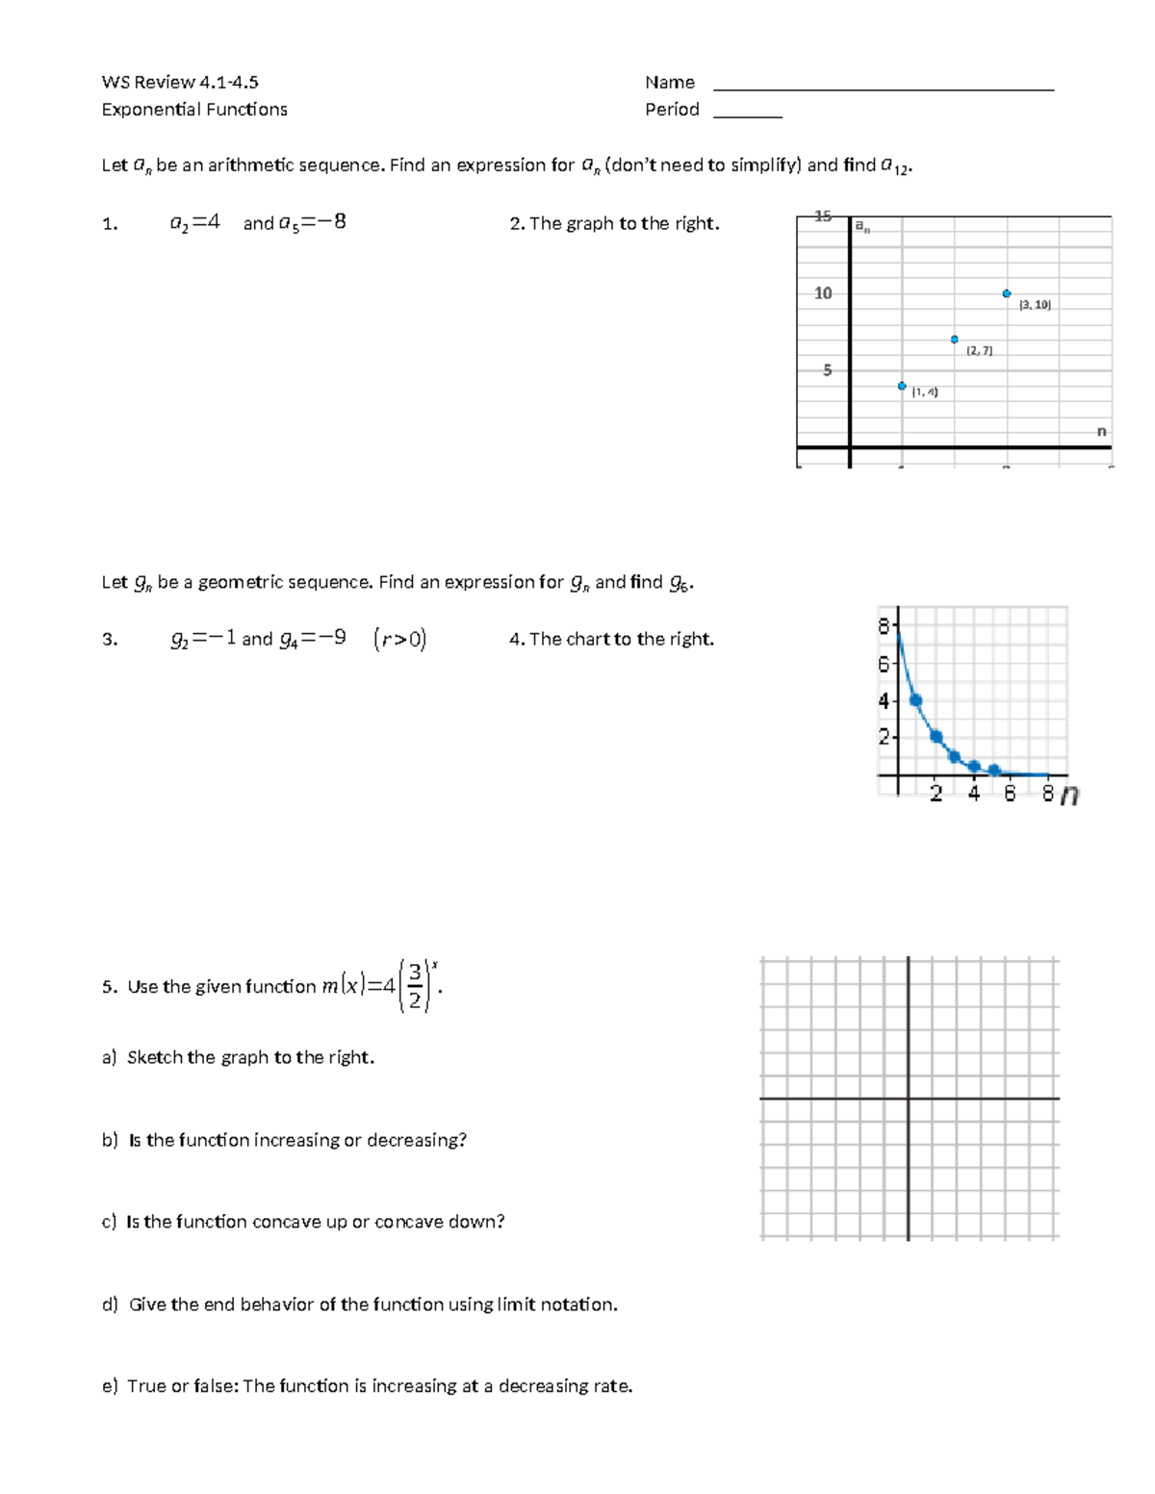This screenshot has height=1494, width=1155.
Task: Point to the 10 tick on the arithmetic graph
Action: point(823,293)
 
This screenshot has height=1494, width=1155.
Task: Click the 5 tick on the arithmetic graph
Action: point(827,370)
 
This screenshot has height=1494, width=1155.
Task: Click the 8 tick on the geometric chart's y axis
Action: point(884,627)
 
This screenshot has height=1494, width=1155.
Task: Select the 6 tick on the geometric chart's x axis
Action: point(1010,794)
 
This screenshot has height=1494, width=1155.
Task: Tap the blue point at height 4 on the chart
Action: point(915,701)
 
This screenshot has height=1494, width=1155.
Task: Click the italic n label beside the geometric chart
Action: point(1069,795)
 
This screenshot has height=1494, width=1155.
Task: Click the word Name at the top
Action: point(670,83)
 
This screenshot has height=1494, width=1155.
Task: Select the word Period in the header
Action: point(672,110)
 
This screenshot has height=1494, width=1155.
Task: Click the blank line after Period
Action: point(748,115)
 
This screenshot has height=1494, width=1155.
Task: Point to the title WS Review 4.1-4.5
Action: point(180,83)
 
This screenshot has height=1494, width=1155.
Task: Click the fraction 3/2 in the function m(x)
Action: point(415,986)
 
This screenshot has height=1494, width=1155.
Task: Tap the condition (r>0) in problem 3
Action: point(399,639)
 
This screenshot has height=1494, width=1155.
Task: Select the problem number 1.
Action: point(109,224)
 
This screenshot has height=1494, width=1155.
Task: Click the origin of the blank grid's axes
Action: point(908,1098)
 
